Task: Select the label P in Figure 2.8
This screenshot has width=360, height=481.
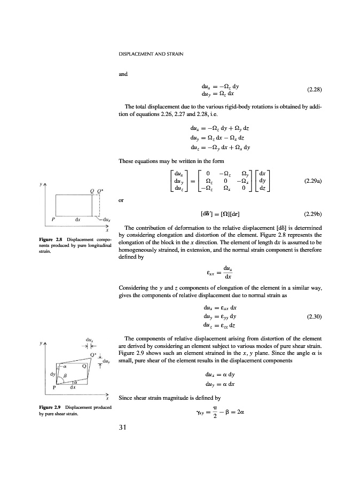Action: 53,219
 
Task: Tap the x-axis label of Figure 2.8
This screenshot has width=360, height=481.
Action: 108,229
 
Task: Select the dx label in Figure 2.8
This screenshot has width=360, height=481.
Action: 77,219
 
